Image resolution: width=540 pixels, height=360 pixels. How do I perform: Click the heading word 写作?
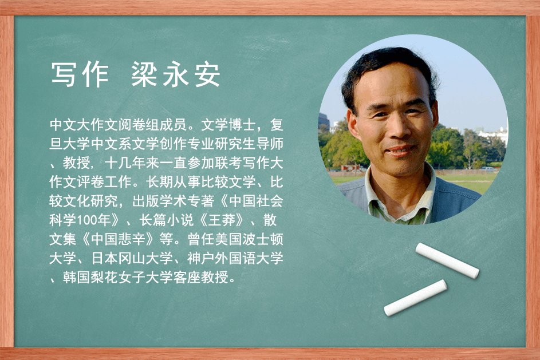tap(80, 74)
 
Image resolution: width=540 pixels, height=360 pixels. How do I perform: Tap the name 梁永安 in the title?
tap(176, 74)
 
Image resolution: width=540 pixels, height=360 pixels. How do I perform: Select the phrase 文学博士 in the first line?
tap(228, 125)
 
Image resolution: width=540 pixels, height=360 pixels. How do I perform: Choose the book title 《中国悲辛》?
tap(118, 239)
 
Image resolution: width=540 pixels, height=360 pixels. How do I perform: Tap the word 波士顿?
tap(263, 239)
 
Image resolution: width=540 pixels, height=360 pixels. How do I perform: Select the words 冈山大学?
tap(145, 258)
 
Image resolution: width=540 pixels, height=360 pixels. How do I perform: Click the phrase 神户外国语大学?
tap(235, 258)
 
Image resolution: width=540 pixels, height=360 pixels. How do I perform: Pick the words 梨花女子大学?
tap(132, 278)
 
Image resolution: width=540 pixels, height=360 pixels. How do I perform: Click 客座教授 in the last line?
tap(200, 278)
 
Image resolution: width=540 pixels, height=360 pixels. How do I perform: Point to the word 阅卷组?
tap(139, 125)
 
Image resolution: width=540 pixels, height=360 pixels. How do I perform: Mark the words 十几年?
tap(125, 163)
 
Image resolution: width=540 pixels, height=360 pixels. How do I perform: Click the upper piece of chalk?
tap(447, 260)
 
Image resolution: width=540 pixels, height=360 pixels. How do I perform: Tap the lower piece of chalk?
tap(415, 298)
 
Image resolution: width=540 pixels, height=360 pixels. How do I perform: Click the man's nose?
tap(395, 129)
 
